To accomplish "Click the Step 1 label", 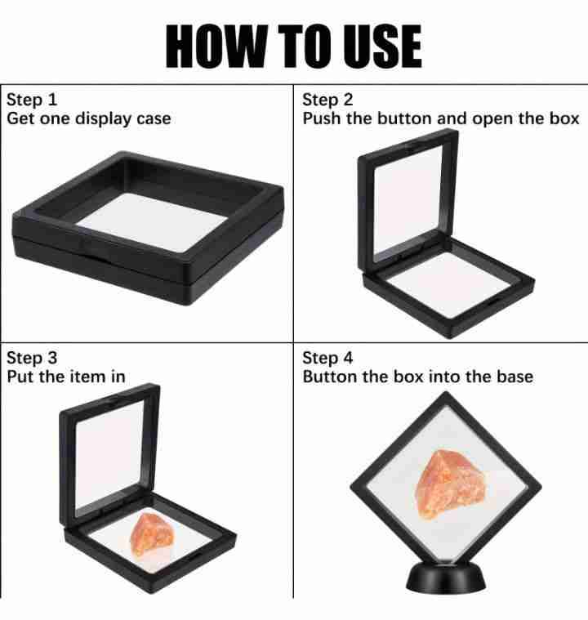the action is click(x=32, y=100).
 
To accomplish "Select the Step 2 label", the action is click(x=327, y=100).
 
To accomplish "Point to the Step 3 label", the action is click(x=32, y=358).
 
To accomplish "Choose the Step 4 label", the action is click(x=327, y=358).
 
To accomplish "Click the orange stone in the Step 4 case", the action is click(x=451, y=484).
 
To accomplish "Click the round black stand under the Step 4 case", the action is click(x=446, y=578).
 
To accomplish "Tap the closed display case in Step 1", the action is click(x=148, y=228).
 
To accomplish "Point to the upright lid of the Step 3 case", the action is click(x=109, y=455).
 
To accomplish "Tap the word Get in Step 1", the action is click(x=20, y=118).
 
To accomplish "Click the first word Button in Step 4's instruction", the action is click(x=329, y=377).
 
